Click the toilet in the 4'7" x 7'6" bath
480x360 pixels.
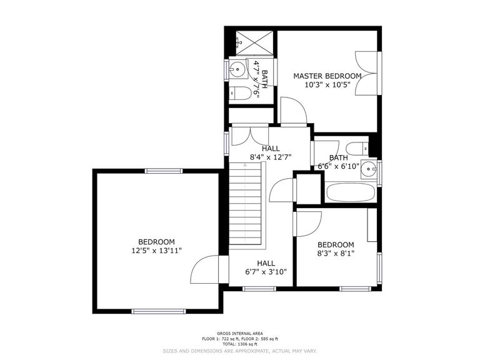coord(241,94)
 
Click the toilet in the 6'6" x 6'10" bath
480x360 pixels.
coord(358,149)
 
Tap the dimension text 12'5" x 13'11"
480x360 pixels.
coord(156,251)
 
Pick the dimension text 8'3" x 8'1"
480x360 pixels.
coord(336,254)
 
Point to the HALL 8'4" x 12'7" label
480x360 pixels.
coord(271,152)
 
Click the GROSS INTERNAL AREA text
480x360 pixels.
coord(239,333)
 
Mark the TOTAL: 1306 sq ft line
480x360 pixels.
coord(239,344)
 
